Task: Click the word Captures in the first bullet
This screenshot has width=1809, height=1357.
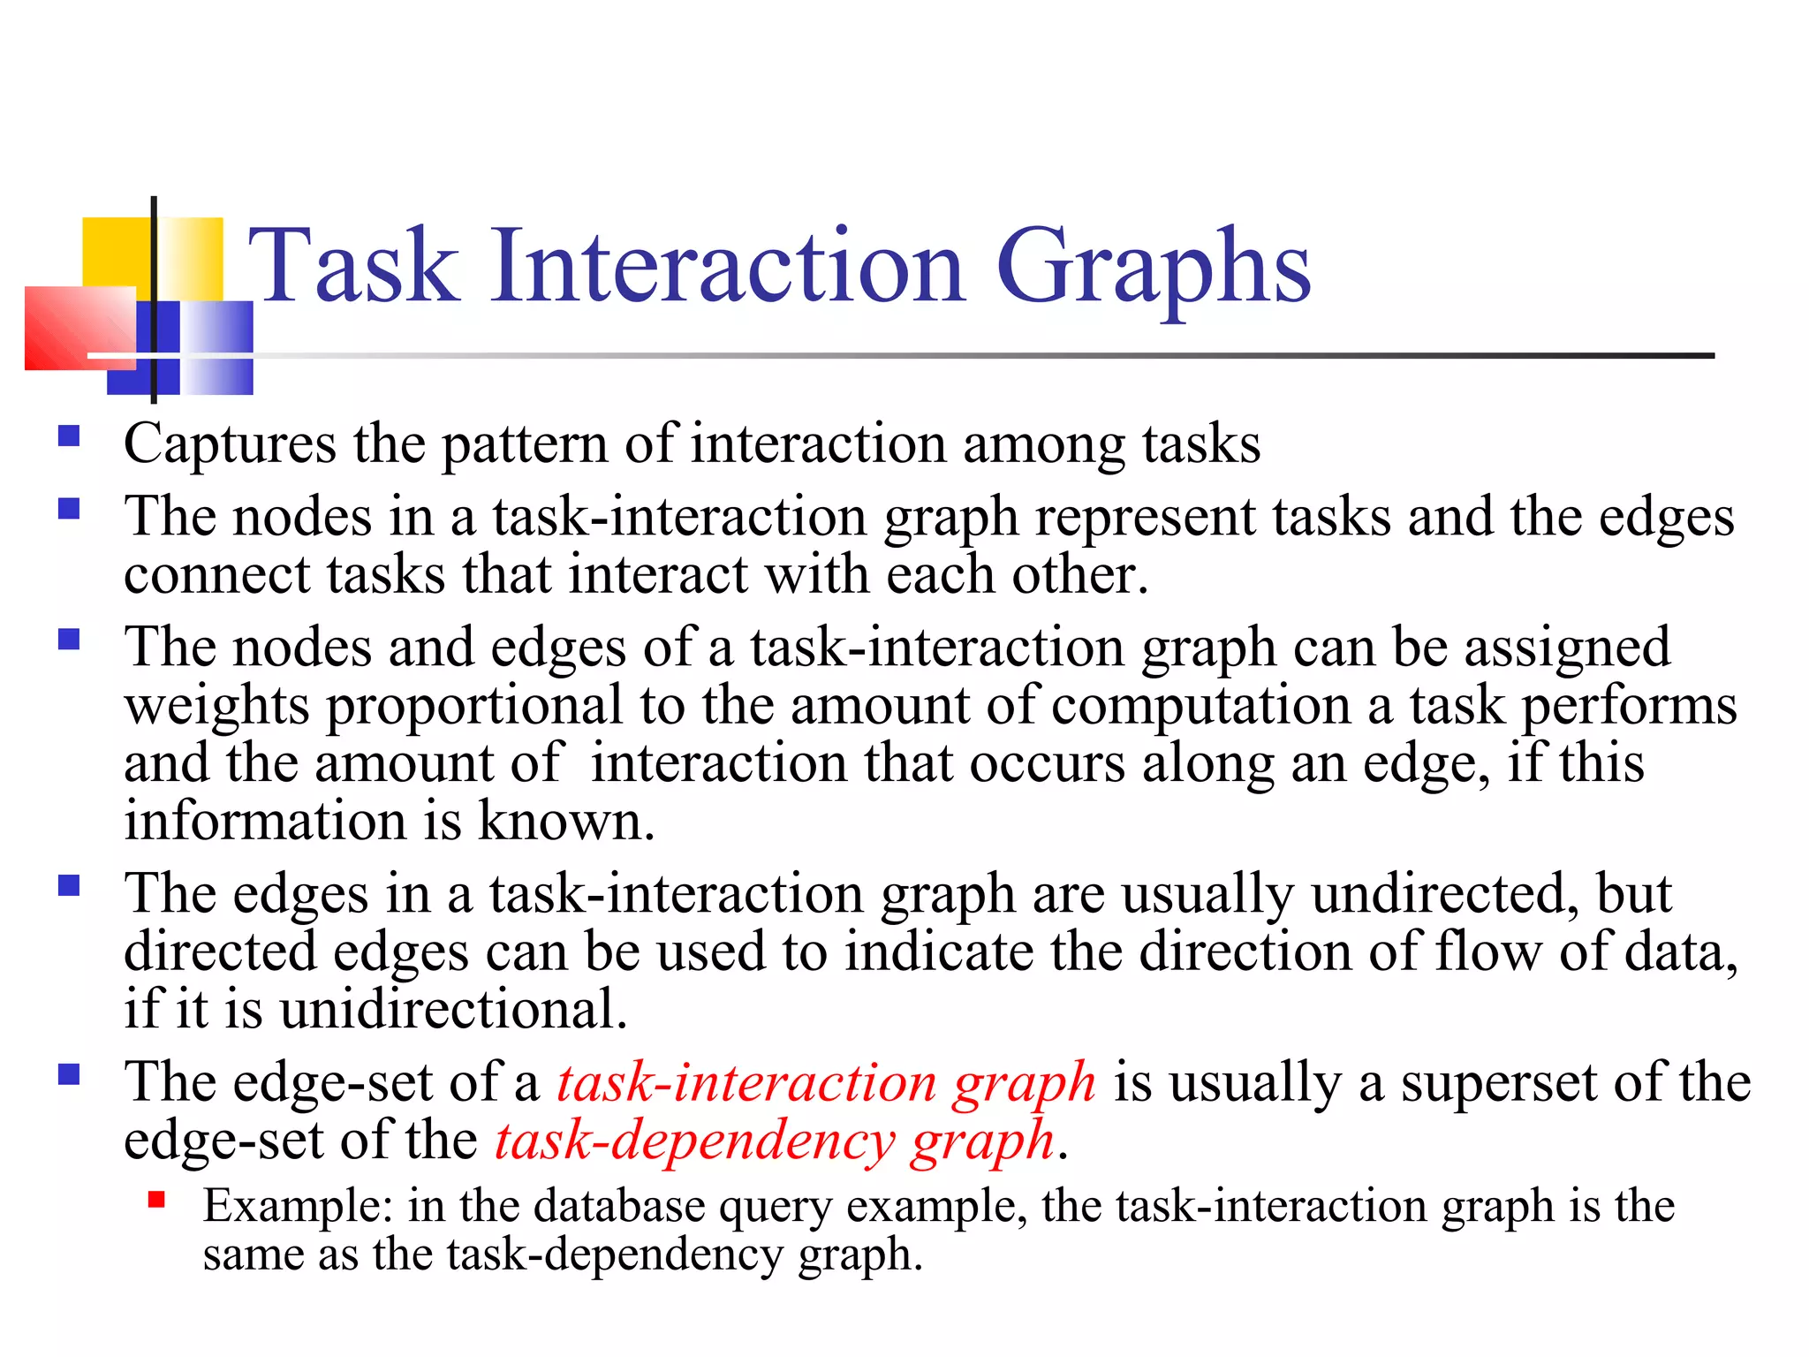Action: [230, 444]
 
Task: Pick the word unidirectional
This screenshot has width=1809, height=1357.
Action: [453, 1009]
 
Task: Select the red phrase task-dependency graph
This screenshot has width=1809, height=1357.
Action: [775, 1141]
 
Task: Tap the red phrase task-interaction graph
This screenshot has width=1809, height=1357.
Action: [826, 1083]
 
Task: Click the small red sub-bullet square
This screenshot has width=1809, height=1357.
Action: [157, 1200]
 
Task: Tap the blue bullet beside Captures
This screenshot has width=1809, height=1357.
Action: [69, 436]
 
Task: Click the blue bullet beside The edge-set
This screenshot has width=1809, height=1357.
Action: [69, 1074]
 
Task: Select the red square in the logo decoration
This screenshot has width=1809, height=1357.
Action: [79, 328]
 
